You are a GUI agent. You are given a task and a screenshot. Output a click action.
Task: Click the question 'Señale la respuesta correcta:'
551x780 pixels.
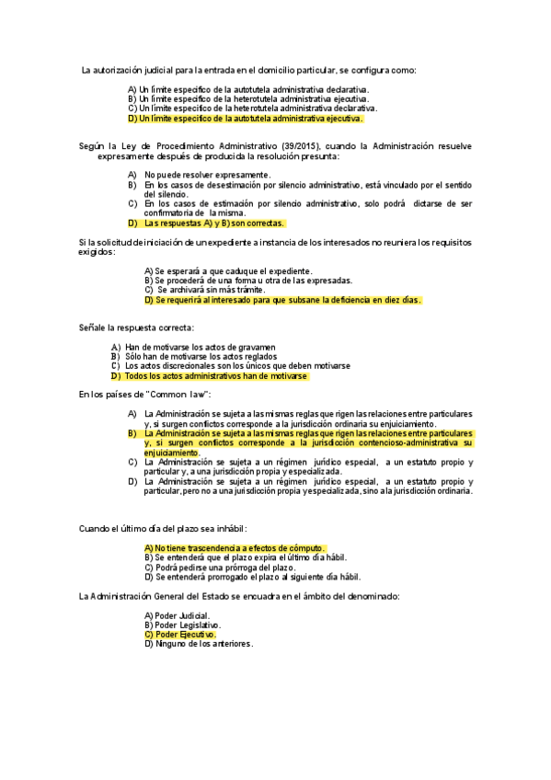(138, 327)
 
